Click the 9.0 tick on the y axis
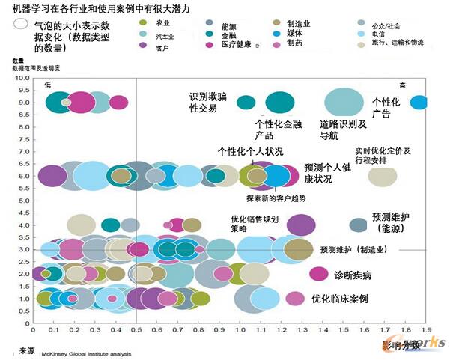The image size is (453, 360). [x=24, y=103]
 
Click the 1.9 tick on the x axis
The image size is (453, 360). [x=426, y=328]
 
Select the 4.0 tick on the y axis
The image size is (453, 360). [x=24, y=225]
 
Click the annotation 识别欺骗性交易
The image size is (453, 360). [x=203, y=103]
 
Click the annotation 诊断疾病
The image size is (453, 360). [x=353, y=275]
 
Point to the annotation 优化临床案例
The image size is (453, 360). [x=340, y=299]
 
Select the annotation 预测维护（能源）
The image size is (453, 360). [x=396, y=222]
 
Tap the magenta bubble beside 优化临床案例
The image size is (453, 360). [x=295, y=298]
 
